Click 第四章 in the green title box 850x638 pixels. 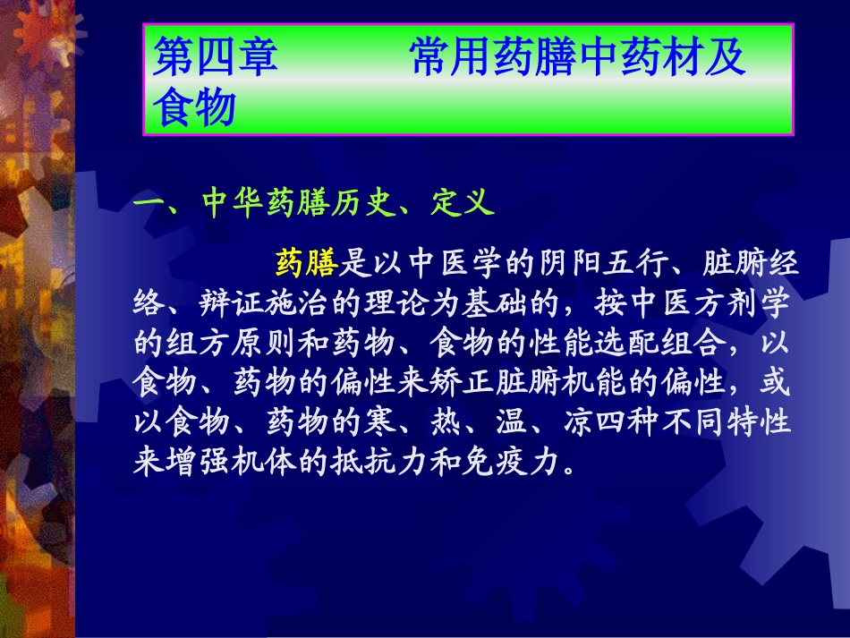click(x=216, y=60)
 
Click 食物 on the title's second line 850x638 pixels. click(x=194, y=108)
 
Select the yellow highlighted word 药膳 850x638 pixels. click(x=306, y=263)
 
